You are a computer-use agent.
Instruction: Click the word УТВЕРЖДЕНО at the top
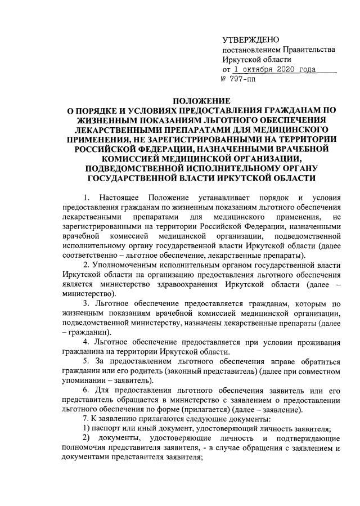[x=251, y=39]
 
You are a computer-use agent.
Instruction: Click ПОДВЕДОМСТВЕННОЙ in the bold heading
[x=131, y=168]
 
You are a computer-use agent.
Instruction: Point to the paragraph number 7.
[x=85, y=419]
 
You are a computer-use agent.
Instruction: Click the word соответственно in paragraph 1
[x=89, y=256]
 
